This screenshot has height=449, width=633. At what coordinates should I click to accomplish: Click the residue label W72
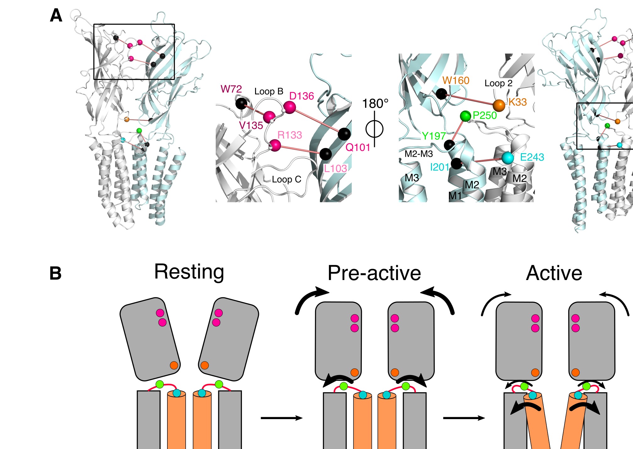point(231,89)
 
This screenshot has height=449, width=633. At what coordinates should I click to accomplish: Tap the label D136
point(302,96)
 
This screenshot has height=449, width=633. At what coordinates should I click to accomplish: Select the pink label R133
point(290,135)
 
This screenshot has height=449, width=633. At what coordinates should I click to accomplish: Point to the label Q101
point(358,147)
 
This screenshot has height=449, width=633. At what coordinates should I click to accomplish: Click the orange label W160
point(456,81)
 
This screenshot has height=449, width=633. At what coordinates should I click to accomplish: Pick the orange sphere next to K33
point(499,105)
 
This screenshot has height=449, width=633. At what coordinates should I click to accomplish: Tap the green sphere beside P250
point(465,116)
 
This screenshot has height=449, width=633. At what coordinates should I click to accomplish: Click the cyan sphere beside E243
point(507,158)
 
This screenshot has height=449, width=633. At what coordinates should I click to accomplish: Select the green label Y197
point(434,136)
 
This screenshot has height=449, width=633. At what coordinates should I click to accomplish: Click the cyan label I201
point(439,167)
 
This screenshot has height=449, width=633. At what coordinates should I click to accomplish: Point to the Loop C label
point(286,179)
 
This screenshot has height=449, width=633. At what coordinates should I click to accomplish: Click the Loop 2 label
point(499,83)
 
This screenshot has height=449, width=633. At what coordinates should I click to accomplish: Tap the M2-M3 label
point(418,154)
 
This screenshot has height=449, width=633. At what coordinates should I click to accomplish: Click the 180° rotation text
point(375,104)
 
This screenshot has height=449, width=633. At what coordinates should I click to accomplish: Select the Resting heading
point(189,272)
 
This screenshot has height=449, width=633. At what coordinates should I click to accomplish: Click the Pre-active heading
point(374,273)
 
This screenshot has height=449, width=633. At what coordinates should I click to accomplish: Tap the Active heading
point(554,273)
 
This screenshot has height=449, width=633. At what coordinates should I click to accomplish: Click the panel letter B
point(56,273)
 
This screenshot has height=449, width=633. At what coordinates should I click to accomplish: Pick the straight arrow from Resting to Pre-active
point(281,418)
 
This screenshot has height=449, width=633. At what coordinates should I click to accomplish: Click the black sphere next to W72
point(241,104)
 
